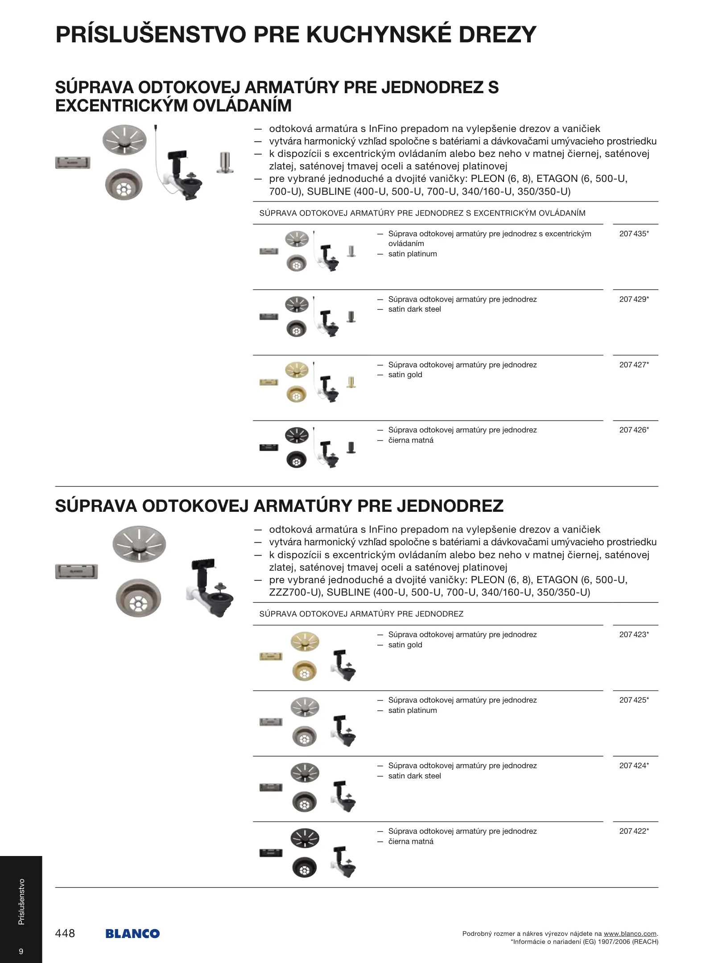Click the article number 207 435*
(x=634, y=234)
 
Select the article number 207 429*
(x=634, y=299)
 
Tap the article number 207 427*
(x=634, y=365)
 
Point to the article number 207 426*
(x=634, y=430)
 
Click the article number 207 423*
(x=634, y=634)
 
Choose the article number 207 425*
(x=634, y=700)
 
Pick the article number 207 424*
(x=634, y=765)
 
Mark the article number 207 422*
(x=634, y=831)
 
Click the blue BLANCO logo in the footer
(x=132, y=934)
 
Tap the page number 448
(x=65, y=933)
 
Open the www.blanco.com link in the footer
(x=630, y=934)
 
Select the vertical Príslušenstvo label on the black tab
(x=21, y=901)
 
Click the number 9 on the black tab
(x=21, y=951)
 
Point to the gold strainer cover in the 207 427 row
(x=297, y=370)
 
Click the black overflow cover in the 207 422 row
(x=271, y=853)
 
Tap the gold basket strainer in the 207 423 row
(x=305, y=671)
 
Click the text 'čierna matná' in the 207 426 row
(x=411, y=440)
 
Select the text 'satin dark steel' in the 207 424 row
(x=414, y=776)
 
